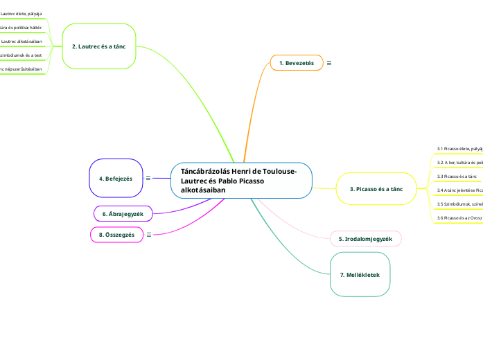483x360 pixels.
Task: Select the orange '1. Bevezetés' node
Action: pos(296,63)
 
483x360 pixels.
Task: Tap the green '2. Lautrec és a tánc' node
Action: pos(98,46)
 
